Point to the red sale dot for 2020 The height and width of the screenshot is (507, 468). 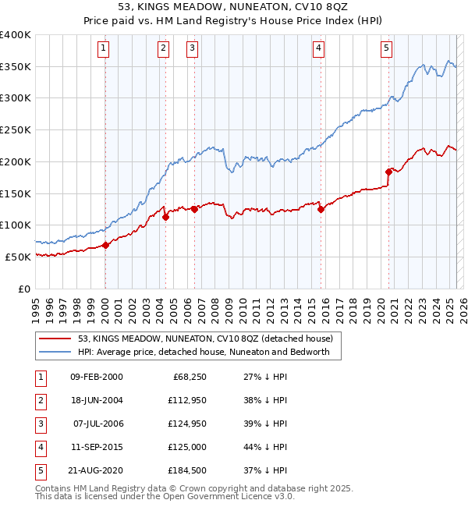pos(388,172)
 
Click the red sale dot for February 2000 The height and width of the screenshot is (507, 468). pos(105,245)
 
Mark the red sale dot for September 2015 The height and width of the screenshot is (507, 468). pos(321,208)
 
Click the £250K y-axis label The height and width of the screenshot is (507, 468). pos(16,130)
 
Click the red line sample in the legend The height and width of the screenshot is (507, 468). pos(55,339)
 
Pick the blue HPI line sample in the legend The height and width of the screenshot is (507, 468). pos(55,352)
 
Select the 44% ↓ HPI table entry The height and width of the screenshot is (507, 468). pos(264,447)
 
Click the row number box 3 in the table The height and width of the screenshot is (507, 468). pos(39,424)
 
